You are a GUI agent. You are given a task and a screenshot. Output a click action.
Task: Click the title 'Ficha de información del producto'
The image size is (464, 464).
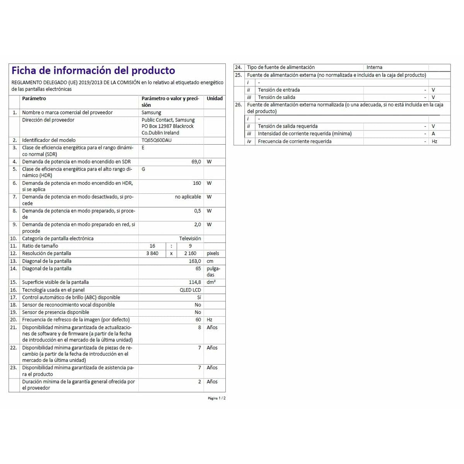(x=93, y=70)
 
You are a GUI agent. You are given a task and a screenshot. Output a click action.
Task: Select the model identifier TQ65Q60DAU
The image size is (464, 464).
(x=156, y=140)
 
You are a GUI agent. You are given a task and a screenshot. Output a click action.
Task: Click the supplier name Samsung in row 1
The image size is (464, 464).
(x=151, y=113)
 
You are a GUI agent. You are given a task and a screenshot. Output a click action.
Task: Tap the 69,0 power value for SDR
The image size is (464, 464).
(x=196, y=162)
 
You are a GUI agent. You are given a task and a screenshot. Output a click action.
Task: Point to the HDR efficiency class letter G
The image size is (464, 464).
(x=143, y=169)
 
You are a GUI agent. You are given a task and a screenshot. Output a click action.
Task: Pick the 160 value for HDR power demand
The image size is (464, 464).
(x=197, y=183)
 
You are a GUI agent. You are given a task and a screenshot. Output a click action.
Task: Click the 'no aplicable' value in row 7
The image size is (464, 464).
(x=188, y=197)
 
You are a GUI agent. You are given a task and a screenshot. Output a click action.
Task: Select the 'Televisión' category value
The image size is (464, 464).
(x=190, y=239)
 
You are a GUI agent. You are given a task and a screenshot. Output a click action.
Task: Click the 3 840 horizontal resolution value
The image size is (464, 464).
(x=152, y=254)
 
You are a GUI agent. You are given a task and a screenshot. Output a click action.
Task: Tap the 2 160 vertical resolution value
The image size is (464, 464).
(x=190, y=254)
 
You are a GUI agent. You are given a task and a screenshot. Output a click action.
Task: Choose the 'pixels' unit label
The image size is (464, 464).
(x=213, y=254)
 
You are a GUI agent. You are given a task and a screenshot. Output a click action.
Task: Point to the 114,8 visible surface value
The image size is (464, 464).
(x=194, y=282)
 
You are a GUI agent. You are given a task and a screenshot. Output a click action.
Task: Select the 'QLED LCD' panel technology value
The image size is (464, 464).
(x=190, y=290)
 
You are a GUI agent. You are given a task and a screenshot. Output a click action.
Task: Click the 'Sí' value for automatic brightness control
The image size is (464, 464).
(x=199, y=297)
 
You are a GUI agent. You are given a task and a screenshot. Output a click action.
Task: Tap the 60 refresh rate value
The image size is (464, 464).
(x=198, y=320)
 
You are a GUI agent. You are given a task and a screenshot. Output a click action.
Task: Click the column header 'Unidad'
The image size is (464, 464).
(x=215, y=99)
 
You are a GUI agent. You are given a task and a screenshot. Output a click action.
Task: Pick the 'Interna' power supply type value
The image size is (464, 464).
(x=374, y=67)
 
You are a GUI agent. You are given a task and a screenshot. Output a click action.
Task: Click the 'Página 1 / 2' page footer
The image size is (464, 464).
(x=217, y=398)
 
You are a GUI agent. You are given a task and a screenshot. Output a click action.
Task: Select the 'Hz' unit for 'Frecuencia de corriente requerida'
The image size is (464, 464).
(x=434, y=142)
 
